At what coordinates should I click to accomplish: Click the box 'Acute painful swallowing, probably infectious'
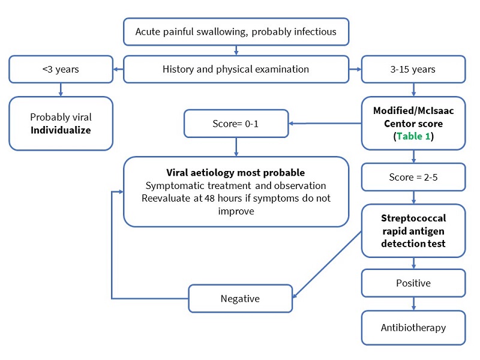236,32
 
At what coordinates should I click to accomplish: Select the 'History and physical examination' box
236,69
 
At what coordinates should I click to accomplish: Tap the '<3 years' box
61,69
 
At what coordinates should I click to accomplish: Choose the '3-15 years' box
413,69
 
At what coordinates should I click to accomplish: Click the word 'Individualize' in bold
61,130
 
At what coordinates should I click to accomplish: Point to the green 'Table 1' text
413,136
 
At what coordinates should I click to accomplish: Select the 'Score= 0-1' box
236,124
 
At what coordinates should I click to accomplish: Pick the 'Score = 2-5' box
413,178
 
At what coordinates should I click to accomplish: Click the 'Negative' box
240,298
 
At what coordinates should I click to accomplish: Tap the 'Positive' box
413,283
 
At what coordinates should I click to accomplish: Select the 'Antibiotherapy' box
413,328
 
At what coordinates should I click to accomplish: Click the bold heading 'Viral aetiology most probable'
236,173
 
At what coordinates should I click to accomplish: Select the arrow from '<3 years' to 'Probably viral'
61,89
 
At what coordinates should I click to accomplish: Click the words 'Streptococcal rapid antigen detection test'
413,231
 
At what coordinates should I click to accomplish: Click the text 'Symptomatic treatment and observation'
236,185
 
